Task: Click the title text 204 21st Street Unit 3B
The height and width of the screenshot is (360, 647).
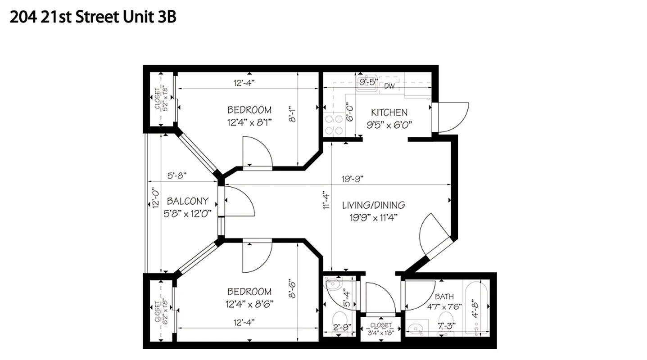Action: (x=92, y=17)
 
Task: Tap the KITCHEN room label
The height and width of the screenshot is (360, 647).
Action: (x=389, y=112)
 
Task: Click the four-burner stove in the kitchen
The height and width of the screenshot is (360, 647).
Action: (x=334, y=125)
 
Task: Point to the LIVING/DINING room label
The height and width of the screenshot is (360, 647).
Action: (x=373, y=205)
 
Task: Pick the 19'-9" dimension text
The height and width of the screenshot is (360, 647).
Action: (x=352, y=178)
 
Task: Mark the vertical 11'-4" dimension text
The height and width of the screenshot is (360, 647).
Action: (x=326, y=201)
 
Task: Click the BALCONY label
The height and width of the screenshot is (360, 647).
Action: (x=187, y=201)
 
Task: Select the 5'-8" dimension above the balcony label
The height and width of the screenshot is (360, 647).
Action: (x=176, y=175)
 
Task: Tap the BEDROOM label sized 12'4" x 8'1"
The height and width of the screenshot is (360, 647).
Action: (x=249, y=110)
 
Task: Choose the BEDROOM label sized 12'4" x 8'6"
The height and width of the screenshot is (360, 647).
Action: (x=249, y=292)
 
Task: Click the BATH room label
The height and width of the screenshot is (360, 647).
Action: (x=444, y=297)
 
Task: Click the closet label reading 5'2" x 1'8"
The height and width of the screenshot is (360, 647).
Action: (x=161, y=99)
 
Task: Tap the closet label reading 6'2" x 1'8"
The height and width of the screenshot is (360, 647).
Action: (x=161, y=311)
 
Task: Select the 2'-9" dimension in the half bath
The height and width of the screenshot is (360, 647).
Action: (x=341, y=327)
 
